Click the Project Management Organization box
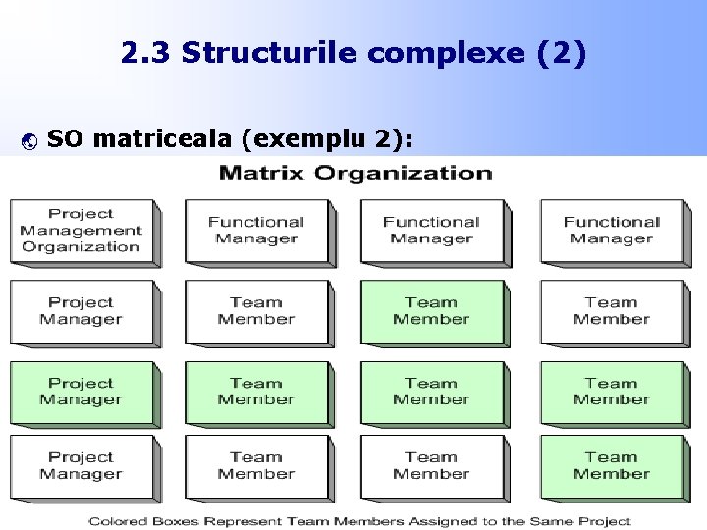pyautogui.click(x=82, y=231)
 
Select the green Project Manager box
pyautogui.click(x=82, y=392)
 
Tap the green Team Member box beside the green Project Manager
pyautogui.click(x=256, y=392)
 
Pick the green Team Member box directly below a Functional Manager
pyautogui.click(x=431, y=311)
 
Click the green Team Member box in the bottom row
pyautogui.click(x=611, y=465)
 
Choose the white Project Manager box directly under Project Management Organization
pyautogui.click(x=82, y=311)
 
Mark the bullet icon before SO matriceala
pyautogui.click(x=27, y=141)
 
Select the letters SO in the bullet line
pyautogui.click(x=64, y=139)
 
